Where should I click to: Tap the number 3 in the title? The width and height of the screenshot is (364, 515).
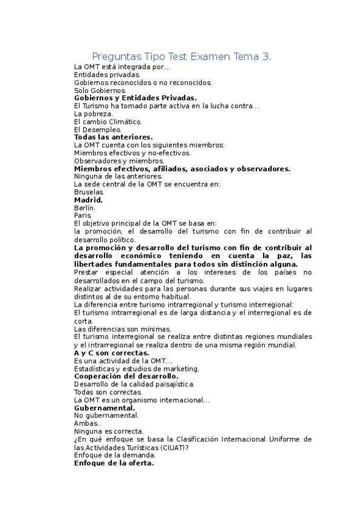click(266, 56)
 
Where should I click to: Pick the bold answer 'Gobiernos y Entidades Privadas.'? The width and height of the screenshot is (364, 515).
click(135, 98)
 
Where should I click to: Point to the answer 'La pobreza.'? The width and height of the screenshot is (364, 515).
click(93, 114)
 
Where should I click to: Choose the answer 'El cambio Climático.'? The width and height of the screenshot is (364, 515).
click(108, 121)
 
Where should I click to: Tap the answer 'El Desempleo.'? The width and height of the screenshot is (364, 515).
click(97, 129)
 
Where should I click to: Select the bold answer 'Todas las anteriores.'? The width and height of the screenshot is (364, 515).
click(113, 137)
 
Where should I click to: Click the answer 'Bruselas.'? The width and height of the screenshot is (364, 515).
click(89, 192)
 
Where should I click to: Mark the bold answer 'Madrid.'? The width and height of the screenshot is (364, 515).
click(88, 200)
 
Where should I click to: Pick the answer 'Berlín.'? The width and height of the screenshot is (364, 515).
click(84, 208)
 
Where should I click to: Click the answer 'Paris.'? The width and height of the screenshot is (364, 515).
click(83, 215)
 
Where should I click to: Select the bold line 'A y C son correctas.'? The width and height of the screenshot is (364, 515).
click(111, 353)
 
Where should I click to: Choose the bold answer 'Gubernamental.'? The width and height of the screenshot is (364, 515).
click(104, 408)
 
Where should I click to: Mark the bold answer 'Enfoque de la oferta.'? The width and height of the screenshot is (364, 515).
click(114, 463)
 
